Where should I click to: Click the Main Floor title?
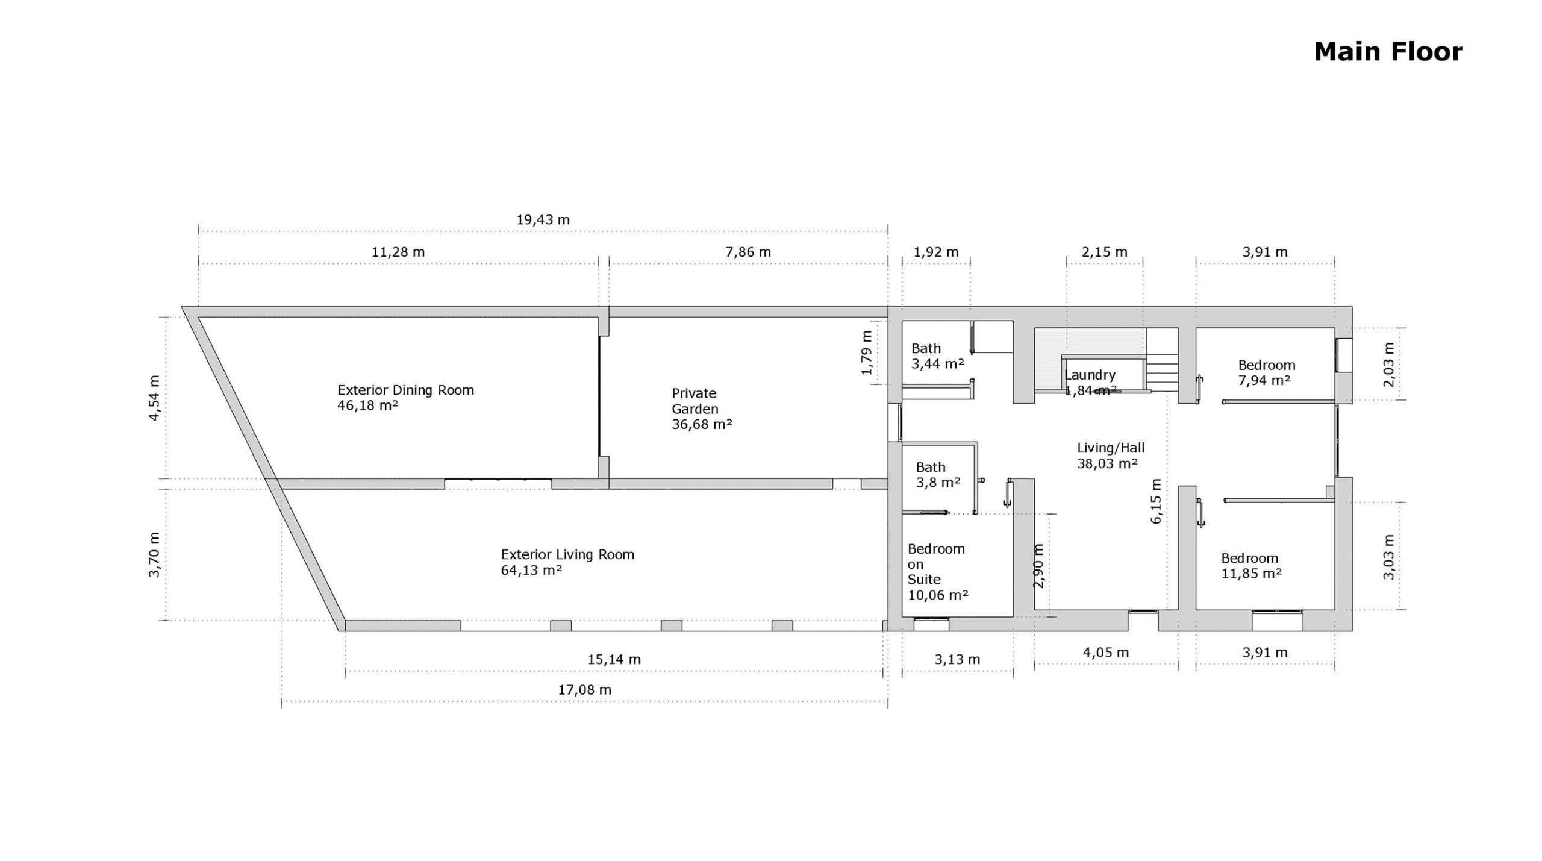pyautogui.click(x=1388, y=52)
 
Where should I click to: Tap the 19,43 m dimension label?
pyautogui.click(x=543, y=220)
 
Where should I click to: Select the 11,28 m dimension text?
pyautogui.click(x=398, y=252)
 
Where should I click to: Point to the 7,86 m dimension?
pyautogui.click(x=748, y=252)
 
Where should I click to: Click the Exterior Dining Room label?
pyautogui.click(x=406, y=390)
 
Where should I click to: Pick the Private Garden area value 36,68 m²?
pyautogui.click(x=702, y=424)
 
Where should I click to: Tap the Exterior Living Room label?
pyautogui.click(x=567, y=554)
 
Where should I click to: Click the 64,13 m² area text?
pyautogui.click(x=531, y=570)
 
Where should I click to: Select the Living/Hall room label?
pyautogui.click(x=1111, y=448)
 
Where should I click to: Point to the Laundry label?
pyautogui.click(x=1090, y=375)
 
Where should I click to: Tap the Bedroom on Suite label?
pyautogui.click(x=936, y=564)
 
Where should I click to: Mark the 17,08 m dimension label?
pyautogui.click(x=584, y=690)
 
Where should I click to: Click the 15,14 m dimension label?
pyautogui.click(x=614, y=660)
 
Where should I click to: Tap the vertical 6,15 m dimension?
pyautogui.click(x=1155, y=501)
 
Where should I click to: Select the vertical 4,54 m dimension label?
pyautogui.click(x=155, y=398)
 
